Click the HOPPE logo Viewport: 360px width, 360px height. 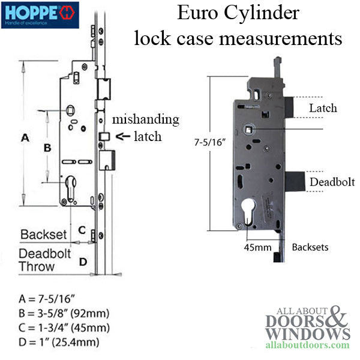coord(40,12)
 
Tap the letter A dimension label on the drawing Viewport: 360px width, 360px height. coord(25,137)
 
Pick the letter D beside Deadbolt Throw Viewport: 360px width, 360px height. coord(83,261)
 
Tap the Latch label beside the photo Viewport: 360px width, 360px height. coord(322,108)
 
